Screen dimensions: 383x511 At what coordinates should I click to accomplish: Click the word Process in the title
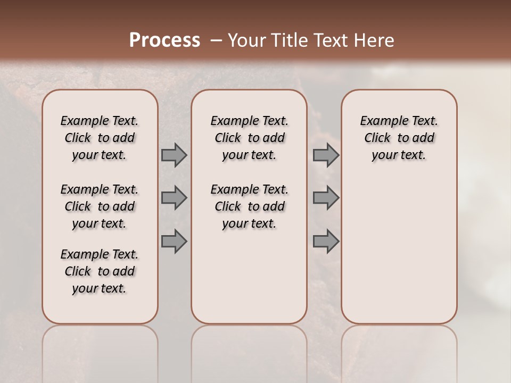point(164,40)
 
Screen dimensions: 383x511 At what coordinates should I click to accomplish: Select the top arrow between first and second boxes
point(174,155)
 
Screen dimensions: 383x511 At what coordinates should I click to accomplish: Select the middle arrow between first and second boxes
point(174,198)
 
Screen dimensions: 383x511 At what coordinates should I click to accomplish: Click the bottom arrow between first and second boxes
point(174,242)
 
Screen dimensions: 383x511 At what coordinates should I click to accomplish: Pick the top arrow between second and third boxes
point(326,155)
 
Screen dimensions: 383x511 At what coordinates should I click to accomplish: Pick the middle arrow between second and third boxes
point(326,198)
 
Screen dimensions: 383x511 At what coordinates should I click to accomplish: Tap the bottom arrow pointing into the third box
point(326,242)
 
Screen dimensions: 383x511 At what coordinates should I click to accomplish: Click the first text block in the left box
point(100,138)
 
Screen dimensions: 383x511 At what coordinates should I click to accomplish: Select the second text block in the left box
point(100,206)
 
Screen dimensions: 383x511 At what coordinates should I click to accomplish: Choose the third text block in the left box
point(100,271)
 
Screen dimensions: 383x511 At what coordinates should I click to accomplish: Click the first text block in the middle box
point(249,138)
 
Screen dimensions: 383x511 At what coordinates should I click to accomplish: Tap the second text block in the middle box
point(249,206)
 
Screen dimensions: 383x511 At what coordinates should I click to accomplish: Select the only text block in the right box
point(399,138)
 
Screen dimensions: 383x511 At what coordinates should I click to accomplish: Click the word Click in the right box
point(377,138)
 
